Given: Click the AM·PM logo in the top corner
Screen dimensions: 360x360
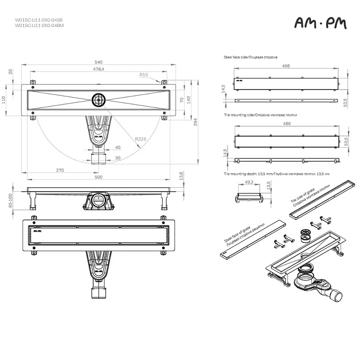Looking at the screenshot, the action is pyautogui.click(x=320, y=23).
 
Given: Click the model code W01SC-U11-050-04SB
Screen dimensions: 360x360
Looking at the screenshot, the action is pyautogui.click(x=39, y=20).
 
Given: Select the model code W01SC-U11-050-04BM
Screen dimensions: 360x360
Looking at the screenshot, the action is pyautogui.click(x=39, y=26).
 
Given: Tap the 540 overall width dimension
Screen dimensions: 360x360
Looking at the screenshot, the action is pyautogui.click(x=99, y=62).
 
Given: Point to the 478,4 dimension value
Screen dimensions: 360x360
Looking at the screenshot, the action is pyautogui.click(x=99, y=69).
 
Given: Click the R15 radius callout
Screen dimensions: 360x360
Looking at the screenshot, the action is pyautogui.click(x=144, y=75).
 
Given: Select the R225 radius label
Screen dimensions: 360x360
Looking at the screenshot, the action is pyautogui.click(x=140, y=139).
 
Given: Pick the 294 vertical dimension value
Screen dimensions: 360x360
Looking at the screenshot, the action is pyautogui.click(x=195, y=122).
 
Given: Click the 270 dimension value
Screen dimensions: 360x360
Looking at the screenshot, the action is pyautogui.click(x=60, y=170).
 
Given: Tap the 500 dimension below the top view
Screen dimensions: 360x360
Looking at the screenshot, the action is pyautogui.click(x=99, y=177).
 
